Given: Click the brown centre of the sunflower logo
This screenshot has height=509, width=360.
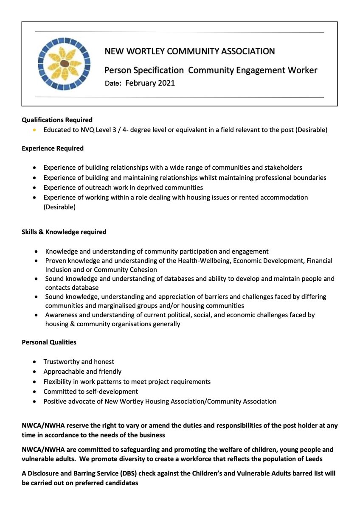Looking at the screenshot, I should coord(64,63).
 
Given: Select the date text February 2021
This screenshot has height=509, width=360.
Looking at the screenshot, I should coord(150,83).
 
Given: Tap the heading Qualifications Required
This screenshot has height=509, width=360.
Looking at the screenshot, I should coord(57,120).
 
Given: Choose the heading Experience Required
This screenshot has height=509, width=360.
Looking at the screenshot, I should coord(53,148).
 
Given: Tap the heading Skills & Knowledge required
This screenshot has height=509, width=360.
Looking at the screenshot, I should coord(64,232).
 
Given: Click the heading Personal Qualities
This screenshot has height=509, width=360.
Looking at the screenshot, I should coord(49,342).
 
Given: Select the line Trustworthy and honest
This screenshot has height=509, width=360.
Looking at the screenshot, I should coord(79,362).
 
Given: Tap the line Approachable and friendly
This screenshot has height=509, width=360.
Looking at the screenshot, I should coord(82,372).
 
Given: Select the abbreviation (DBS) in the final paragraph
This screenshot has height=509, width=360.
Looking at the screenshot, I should coord(115,473).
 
